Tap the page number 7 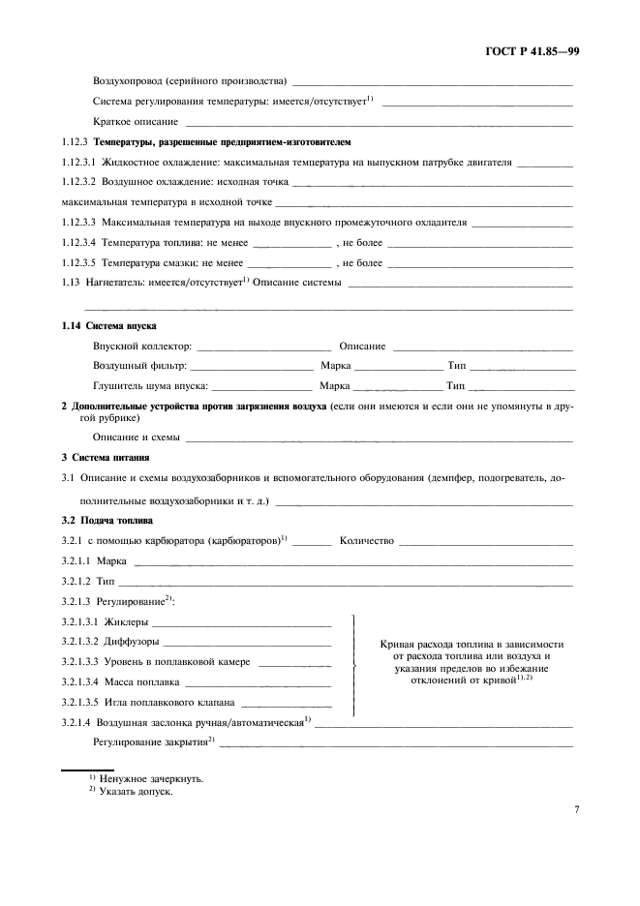point(575,809)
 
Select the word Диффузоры point(132,642)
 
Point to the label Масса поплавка point(141,681)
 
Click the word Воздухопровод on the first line point(133,81)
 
